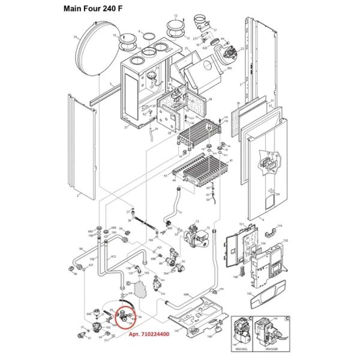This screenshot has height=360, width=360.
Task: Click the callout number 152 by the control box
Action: [286, 241]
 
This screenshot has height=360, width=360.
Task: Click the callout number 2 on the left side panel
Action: [77, 196]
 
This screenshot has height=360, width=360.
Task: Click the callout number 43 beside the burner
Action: [166, 175]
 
